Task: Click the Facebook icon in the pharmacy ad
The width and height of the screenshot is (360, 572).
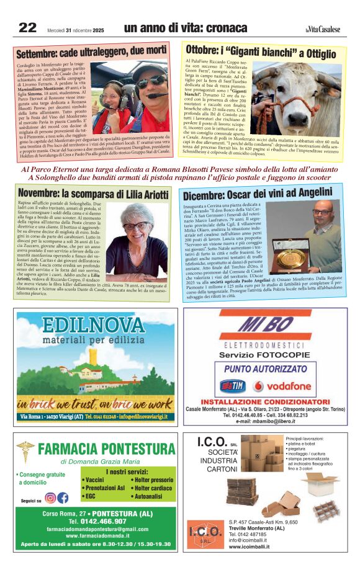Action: coord(63,498)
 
